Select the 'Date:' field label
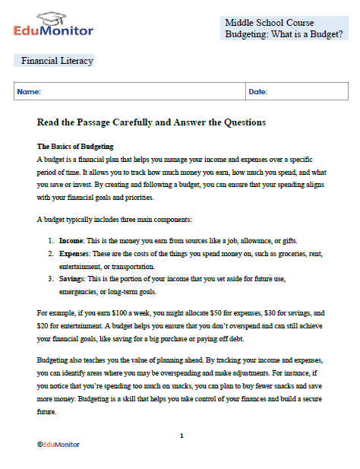[258, 92]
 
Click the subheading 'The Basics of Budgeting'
[75, 145]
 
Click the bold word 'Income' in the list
[71, 239]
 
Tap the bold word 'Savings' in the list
[73, 279]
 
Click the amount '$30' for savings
[275, 312]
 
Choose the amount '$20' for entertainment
[44, 325]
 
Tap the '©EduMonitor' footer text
[58, 444]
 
